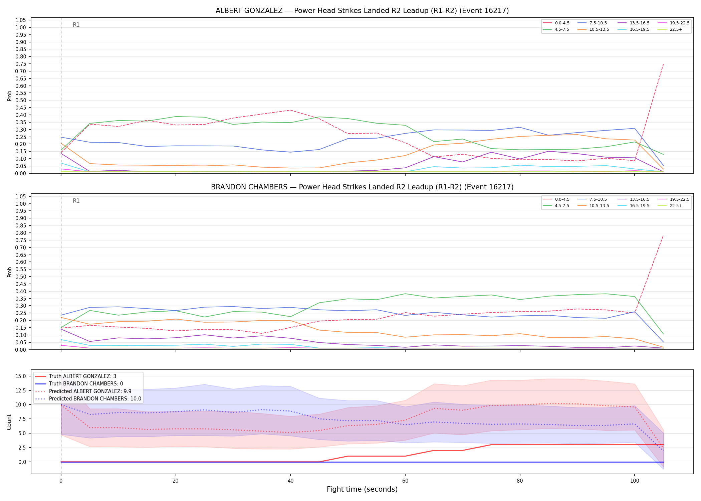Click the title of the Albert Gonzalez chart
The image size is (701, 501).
point(362,11)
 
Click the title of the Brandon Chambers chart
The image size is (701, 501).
point(362,187)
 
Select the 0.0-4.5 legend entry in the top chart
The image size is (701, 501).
point(556,23)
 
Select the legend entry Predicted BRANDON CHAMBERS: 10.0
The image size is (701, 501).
point(88,399)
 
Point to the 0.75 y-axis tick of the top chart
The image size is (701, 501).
point(21,64)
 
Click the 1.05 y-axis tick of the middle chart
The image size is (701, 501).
point(21,196)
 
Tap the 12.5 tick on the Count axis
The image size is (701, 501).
point(21,390)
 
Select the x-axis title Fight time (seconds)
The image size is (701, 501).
point(362,489)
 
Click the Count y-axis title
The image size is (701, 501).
point(9,422)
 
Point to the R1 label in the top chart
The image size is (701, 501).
point(76,25)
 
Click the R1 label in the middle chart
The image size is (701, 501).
point(76,201)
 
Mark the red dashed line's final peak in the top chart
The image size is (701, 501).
point(663,64)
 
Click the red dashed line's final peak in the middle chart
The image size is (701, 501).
point(663,236)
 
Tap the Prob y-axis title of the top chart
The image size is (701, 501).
point(9,96)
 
